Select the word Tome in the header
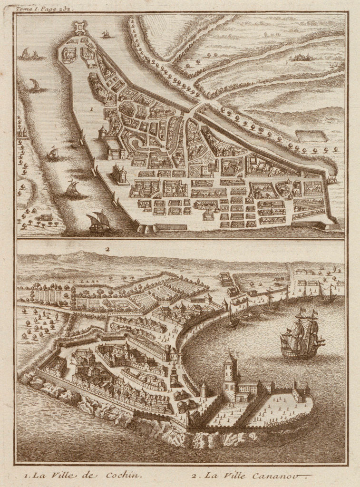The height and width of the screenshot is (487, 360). click(x=23, y=8)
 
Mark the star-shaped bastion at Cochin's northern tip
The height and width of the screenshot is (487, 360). click(x=80, y=28)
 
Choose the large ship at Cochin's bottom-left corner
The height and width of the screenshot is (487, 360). click(x=99, y=222)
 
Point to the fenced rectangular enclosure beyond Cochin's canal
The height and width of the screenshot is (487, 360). click(x=311, y=136)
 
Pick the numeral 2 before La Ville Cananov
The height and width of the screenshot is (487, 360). click(x=194, y=475)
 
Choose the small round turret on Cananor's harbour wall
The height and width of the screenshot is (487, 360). click(x=204, y=389)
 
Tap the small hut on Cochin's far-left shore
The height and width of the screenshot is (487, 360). click(x=46, y=217)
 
